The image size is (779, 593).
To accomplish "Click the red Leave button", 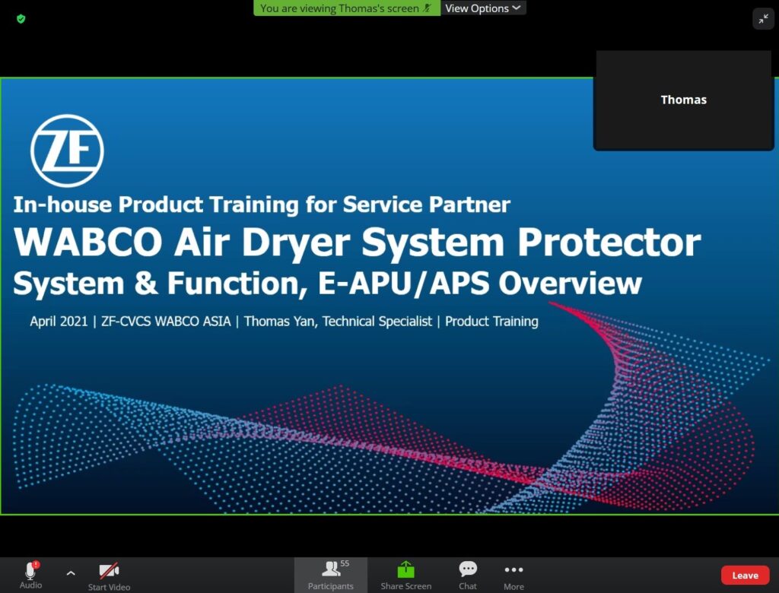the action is point(745,575).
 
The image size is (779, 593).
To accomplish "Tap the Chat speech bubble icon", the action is point(468,569).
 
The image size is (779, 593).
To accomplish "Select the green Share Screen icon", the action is point(406,569).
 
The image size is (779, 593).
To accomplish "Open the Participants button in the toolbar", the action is point(331,575).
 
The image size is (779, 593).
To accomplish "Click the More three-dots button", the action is point(514,569).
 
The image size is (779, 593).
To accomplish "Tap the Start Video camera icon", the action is point(109,571).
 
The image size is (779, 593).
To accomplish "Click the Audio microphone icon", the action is point(30,570).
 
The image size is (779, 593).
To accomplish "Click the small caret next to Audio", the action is point(71,573).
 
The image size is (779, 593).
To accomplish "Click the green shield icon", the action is point(21,19).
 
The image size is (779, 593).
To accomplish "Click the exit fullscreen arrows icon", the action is point(764,19).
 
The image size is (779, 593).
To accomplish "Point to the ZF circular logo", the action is point(67,151).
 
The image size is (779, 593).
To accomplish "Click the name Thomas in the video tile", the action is point(684,100).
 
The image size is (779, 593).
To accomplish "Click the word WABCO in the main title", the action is point(88,243).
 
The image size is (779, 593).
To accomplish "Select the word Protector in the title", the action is point(609,243).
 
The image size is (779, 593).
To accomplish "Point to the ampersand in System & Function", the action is point(145,284).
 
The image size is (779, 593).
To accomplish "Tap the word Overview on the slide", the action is point(570,284).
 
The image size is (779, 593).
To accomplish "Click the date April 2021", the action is point(59,322).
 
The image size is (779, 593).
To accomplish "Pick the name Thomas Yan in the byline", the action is point(279,322).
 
